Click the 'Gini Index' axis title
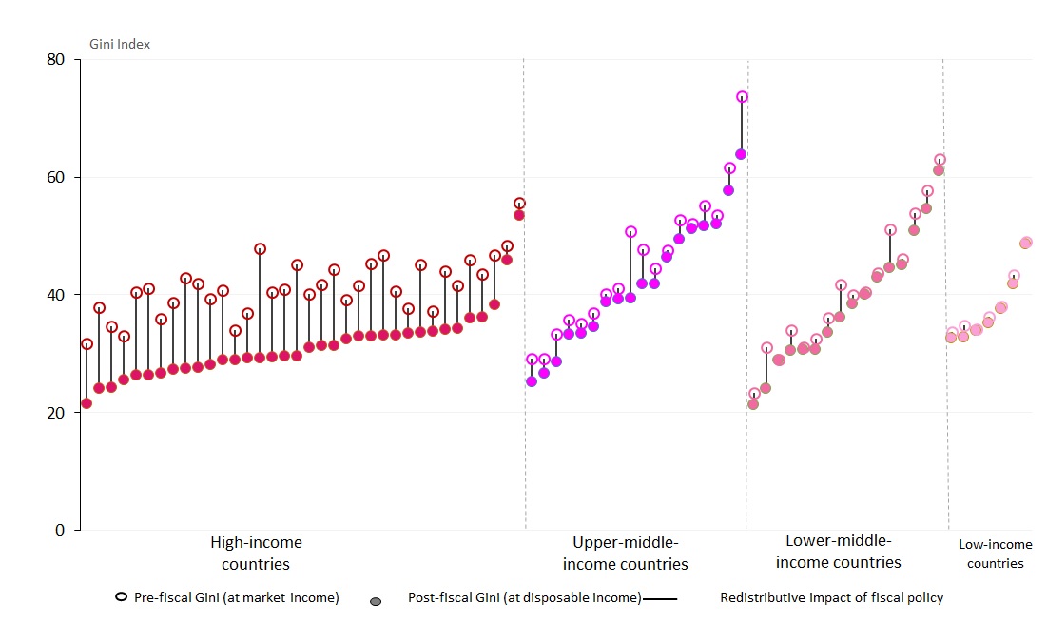tap(120, 44)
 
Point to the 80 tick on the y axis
tap(56, 59)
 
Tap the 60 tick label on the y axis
tap(56, 177)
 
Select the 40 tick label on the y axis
tap(56, 295)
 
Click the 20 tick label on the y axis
tap(56, 413)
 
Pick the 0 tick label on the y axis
tap(60, 531)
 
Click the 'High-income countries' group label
tap(256, 554)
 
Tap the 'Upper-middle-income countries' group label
tap(625, 554)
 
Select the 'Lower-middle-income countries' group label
tap(838, 552)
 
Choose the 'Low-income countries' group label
tap(995, 554)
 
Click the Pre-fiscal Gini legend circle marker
tap(121, 597)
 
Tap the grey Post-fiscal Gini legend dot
tap(376, 602)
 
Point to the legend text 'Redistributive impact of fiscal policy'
tap(831, 598)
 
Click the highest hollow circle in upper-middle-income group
tap(742, 97)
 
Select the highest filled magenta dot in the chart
tap(741, 154)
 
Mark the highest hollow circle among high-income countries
tap(519, 204)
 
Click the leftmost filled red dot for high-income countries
tap(87, 403)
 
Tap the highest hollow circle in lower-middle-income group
tap(940, 160)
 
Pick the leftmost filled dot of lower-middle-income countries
tap(753, 404)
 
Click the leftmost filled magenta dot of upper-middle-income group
tap(532, 381)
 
